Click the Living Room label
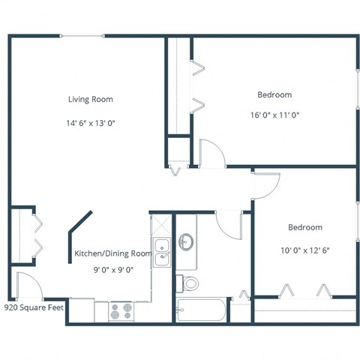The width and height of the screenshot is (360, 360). point(91,99)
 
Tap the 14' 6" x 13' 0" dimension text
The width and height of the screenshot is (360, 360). point(91,122)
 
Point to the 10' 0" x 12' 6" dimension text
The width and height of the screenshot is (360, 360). point(304,250)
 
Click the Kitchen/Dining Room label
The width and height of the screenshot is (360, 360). point(112,253)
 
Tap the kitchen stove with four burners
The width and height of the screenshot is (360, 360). point(121,310)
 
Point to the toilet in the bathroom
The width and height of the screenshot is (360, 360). point(188,283)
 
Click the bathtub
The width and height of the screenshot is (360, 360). point(201,309)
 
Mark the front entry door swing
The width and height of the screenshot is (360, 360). point(26,286)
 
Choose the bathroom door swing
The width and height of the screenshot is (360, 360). point(228,223)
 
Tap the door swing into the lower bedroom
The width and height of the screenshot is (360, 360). point(266,183)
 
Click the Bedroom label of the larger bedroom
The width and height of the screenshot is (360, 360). point(274,95)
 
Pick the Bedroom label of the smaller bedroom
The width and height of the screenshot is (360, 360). point(304,227)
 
